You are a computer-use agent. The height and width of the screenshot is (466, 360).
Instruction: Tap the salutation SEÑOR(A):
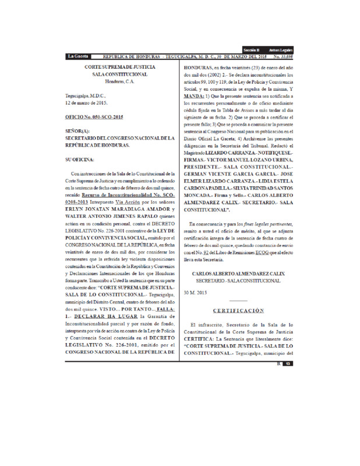[77, 132]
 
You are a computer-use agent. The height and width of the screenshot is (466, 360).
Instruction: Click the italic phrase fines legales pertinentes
[263, 224]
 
